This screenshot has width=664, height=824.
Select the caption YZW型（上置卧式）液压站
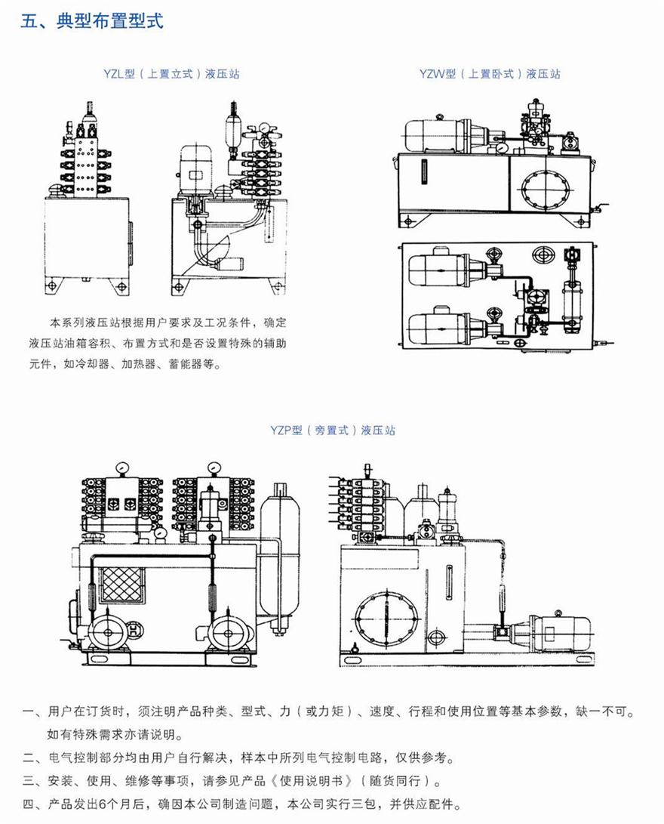pos(490,74)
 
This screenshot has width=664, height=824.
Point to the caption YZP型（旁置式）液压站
pos(333,431)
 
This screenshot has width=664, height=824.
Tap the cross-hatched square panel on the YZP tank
pos(121,585)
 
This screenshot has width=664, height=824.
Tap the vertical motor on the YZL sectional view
pos(195,168)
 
